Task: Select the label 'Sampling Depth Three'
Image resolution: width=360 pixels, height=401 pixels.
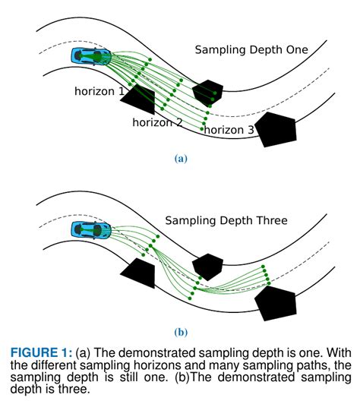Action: [226, 221]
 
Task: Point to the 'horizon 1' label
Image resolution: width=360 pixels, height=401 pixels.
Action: [99, 91]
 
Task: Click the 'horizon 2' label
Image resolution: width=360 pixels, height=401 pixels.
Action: [157, 122]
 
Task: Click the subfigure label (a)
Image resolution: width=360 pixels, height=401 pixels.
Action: [180, 159]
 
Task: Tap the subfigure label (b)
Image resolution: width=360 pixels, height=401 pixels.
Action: [180, 331]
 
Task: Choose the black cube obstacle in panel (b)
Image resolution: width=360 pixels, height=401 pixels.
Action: [207, 266]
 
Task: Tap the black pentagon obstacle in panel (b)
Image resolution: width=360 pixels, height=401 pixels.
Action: [275, 302]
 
